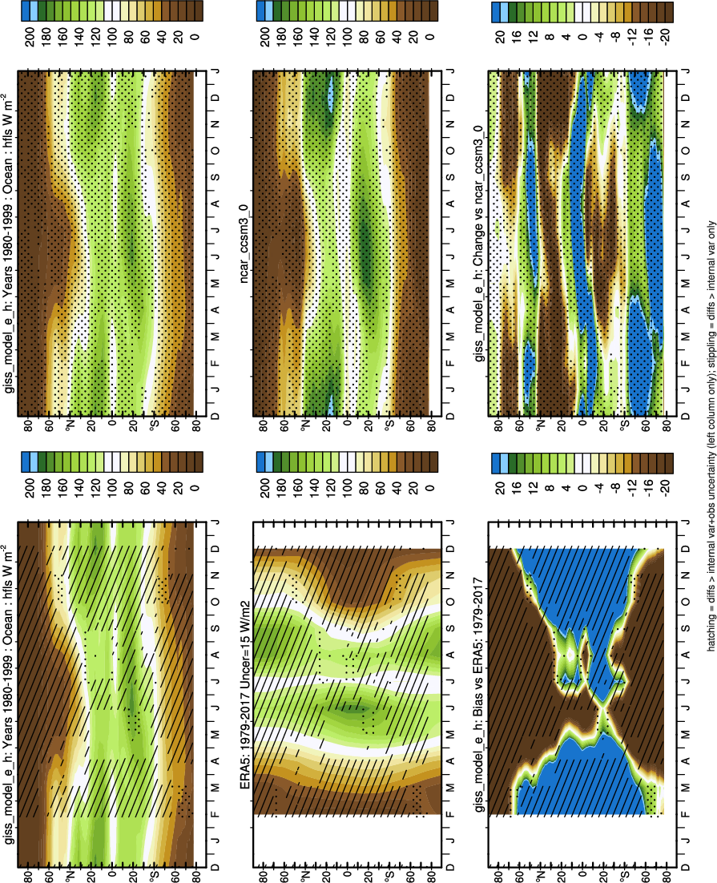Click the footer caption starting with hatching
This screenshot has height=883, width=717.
(x=706, y=440)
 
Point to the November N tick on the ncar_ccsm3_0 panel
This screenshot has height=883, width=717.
(x=449, y=125)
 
